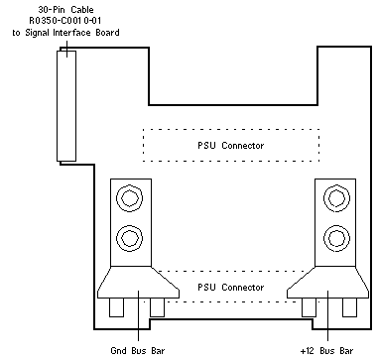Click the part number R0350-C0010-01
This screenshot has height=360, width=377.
(65, 21)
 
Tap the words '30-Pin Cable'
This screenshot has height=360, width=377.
(65, 9)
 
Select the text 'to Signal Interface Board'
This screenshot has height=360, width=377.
(65, 33)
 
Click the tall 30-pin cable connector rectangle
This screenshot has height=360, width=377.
(66, 106)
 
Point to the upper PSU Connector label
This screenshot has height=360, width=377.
(231, 146)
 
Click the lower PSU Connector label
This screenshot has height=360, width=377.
(231, 287)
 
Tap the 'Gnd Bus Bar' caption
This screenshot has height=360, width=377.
(137, 350)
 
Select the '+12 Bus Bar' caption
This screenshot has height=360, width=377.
(326, 350)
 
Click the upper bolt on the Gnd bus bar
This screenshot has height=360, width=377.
(130, 198)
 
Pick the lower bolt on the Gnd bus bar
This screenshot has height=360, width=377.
(130, 238)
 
